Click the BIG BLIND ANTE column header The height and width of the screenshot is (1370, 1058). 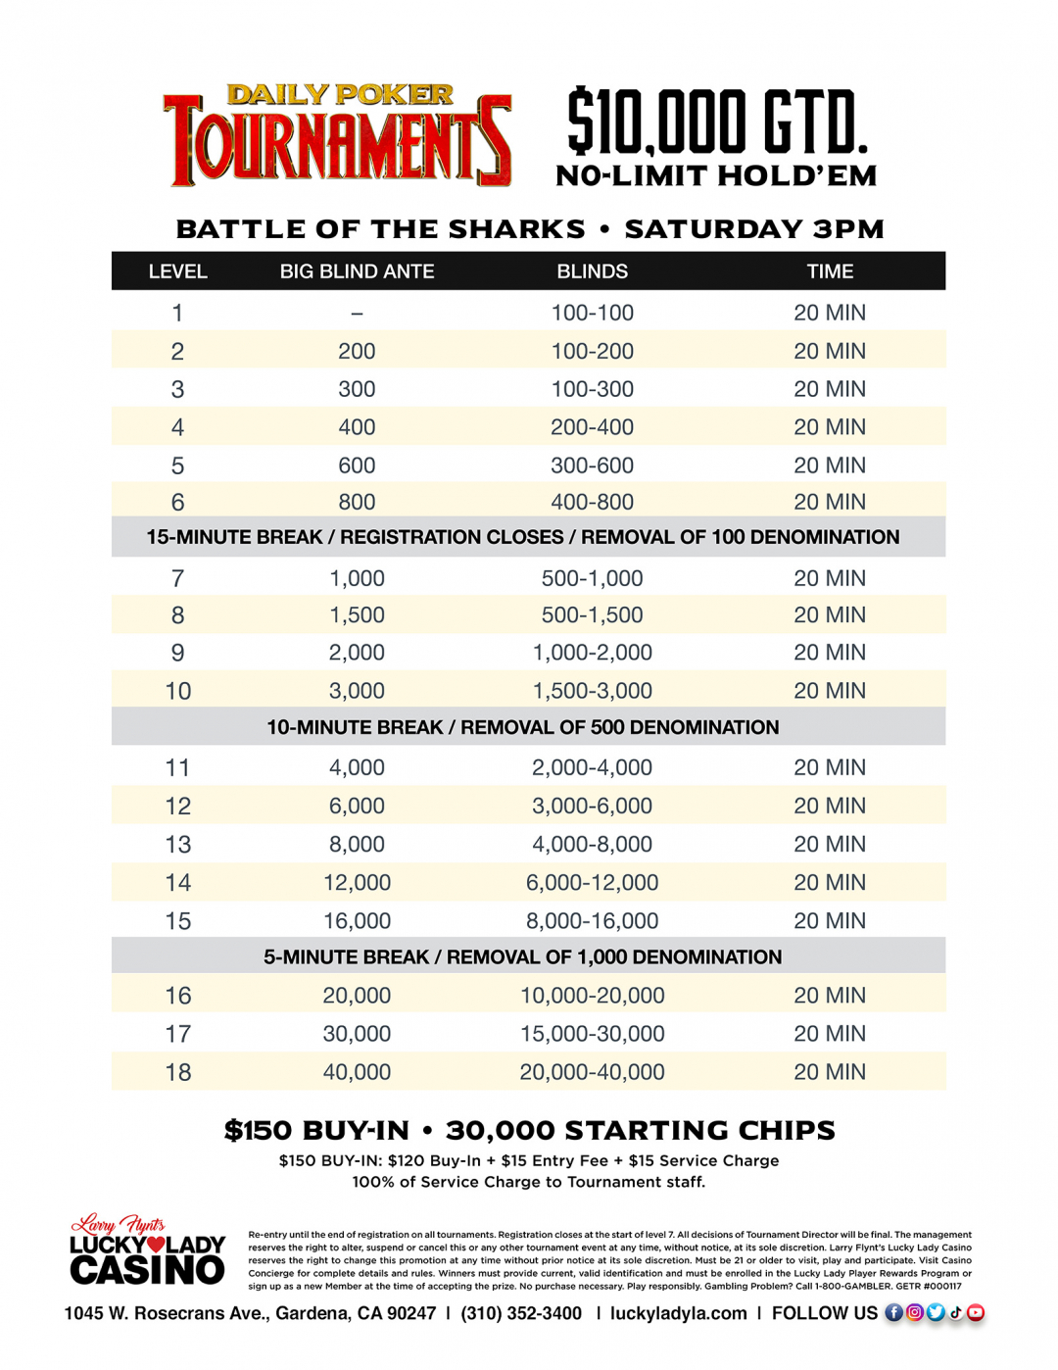click(357, 271)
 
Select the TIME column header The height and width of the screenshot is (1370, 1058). click(830, 271)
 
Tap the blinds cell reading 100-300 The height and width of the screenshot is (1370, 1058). click(592, 389)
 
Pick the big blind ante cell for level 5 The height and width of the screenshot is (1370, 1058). click(357, 465)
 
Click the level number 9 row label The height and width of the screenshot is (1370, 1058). click(177, 653)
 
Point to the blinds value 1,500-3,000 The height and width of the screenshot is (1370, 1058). click(592, 691)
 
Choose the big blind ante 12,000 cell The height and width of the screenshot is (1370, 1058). click(357, 883)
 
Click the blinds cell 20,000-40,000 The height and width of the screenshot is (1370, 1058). click(592, 1072)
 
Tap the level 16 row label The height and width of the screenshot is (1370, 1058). click(177, 996)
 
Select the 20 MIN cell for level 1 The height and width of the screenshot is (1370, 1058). click(830, 313)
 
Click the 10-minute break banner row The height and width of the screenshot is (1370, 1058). click(523, 727)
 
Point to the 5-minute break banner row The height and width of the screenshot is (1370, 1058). click(523, 956)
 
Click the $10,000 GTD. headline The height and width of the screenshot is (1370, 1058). click(717, 122)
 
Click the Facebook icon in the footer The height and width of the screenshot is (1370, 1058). click(894, 1313)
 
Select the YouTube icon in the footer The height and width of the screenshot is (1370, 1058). click(976, 1313)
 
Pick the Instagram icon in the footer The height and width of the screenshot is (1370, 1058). click(915, 1313)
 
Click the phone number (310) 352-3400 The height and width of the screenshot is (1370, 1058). click(521, 1313)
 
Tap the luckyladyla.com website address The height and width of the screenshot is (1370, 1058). click(678, 1313)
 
